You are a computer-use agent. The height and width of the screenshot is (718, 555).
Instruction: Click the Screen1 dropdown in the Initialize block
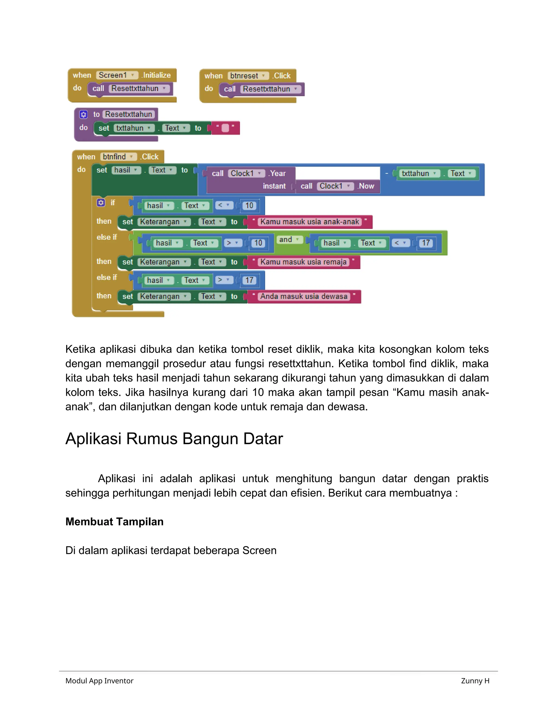point(117,75)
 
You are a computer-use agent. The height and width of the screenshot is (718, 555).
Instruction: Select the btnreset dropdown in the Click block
point(248,76)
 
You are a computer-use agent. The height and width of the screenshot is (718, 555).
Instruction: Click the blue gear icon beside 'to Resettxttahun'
point(83,114)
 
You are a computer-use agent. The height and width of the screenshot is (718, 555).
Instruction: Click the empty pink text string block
point(225,128)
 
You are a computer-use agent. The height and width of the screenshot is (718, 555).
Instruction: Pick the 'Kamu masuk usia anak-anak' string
point(309,222)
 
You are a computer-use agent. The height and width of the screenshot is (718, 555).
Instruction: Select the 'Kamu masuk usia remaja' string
point(303,262)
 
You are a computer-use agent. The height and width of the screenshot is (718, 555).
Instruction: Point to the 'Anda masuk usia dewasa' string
point(304,296)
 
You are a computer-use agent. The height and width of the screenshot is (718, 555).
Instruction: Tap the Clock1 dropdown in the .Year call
point(246,174)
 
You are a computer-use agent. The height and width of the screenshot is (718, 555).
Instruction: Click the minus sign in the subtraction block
point(387,173)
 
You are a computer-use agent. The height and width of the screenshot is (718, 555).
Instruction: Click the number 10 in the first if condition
point(250,206)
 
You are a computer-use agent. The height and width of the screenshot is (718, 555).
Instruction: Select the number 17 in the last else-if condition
point(250,280)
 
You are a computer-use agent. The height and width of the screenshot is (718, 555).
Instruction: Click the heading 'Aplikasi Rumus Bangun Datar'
point(174,439)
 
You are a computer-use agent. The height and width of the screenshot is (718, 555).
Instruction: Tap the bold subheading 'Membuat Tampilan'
point(114,522)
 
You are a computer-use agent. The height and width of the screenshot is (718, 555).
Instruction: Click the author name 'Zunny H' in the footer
point(475,681)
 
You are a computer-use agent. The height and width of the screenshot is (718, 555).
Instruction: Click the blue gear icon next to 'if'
point(101,202)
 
